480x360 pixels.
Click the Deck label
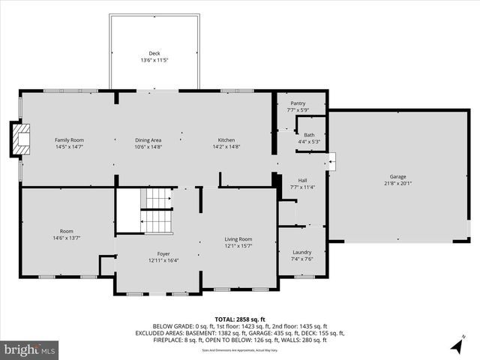(x=154, y=53)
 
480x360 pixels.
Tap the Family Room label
(x=68, y=140)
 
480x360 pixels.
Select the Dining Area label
(x=148, y=140)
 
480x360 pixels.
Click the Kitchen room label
(x=226, y=140)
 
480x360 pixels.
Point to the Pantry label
(x=297, y=103)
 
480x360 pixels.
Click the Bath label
(x=309, y=135)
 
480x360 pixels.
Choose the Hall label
(x=301, y=180)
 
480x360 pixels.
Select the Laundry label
(x=301, y=252)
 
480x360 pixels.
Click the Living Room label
(x=238, y=239)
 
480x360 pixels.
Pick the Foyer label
(x=163, y=253)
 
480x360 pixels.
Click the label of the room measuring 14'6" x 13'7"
(x=67, y=231)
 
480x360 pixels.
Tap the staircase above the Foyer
(x=157, y=211)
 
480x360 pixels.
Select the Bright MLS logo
(x=30, y=349)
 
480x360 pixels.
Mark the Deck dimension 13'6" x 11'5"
(x=154, y=60)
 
